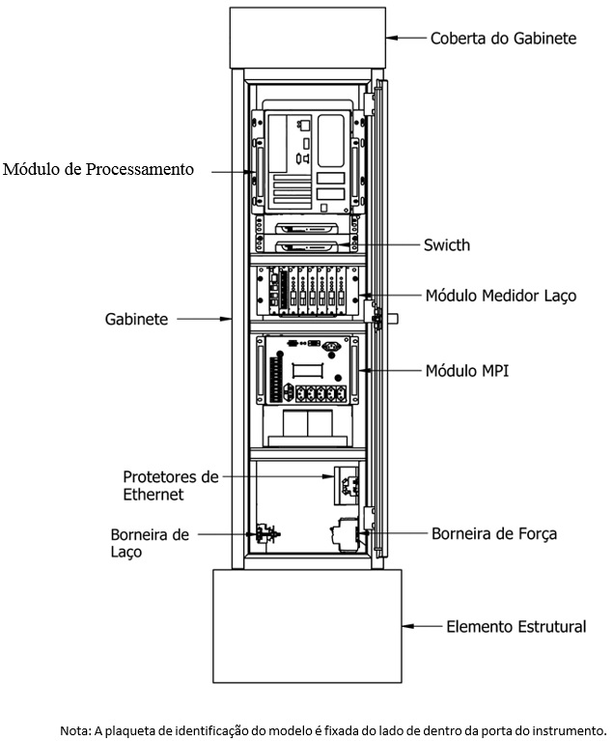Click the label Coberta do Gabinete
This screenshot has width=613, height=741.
504,38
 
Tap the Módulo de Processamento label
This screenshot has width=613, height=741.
98,169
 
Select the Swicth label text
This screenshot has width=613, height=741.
447,244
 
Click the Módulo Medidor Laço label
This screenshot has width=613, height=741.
501,296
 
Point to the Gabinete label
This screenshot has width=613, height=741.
136,319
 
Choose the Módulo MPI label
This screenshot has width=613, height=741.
467,371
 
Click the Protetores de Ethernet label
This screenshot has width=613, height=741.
171,485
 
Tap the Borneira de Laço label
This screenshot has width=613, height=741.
150,543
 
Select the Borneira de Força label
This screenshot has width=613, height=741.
494,533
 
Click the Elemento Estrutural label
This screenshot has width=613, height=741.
516,627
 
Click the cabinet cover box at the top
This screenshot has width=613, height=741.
307,38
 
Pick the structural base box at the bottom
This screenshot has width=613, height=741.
307,626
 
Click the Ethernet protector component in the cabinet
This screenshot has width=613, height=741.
347,486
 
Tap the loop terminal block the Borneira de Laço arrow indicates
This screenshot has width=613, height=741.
265,534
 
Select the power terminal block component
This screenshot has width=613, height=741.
346,534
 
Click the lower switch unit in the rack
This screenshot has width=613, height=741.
307,246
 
